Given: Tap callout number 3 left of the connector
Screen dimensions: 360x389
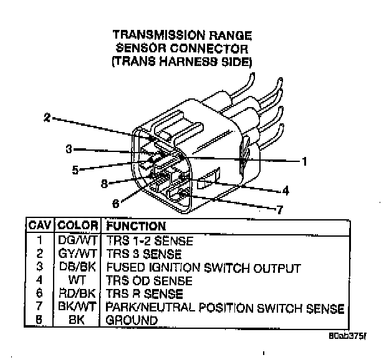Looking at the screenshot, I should (x=69, y=148).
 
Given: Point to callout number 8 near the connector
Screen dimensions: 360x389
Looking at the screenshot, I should (x=105, y=184).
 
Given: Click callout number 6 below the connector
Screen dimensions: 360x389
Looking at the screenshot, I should (x=116, y=203).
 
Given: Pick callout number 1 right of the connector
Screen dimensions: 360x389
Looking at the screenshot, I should (x=304, y=161).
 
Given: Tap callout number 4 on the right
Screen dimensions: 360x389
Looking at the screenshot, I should (x=285, y=191).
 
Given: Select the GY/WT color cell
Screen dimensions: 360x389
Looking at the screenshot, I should (x=78, y=254).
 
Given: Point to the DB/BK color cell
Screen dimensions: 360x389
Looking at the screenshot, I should (x=78, y=268).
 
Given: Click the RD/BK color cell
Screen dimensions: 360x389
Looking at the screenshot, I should (x=78, y=294).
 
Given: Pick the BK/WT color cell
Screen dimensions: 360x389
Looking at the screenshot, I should (x=78, y=307).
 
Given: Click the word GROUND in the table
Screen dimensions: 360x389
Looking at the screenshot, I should (x=132, y=320).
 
